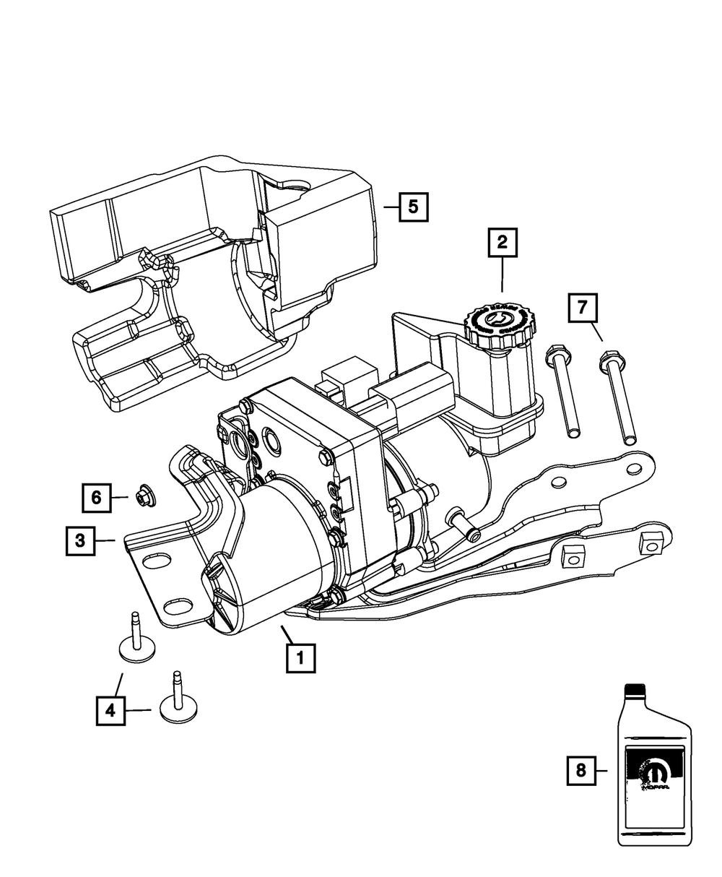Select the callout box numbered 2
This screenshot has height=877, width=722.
click(x=503, y=243)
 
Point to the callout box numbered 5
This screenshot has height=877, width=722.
click(x=413, y=207)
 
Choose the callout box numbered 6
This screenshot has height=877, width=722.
click(x=96, y=497)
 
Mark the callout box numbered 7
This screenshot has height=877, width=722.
click(x=583, y=309)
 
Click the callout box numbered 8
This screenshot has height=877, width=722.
click(x=581, y=772)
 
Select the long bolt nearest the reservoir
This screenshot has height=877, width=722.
click(x=563, y=390)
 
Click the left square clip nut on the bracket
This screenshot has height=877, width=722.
click(x=573, y=556)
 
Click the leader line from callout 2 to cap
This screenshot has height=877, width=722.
click(x=503, y=275)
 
